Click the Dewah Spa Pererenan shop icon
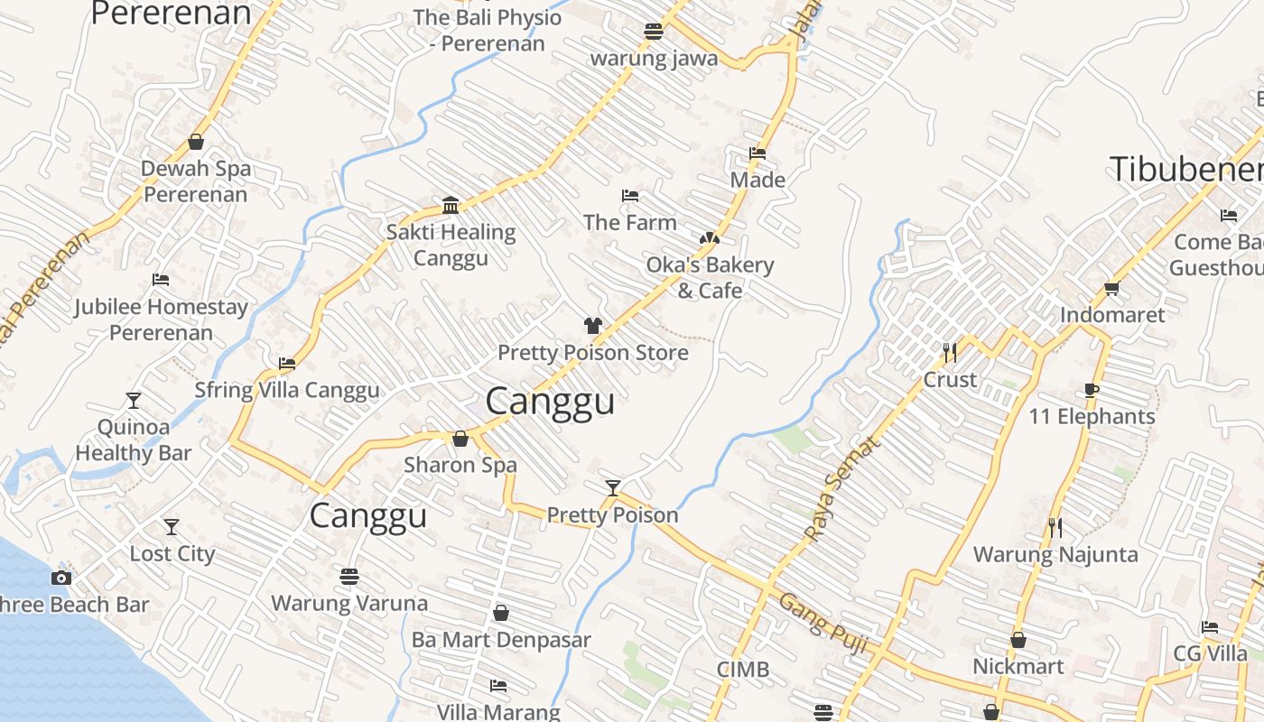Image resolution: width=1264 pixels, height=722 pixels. click(x=196, y=143)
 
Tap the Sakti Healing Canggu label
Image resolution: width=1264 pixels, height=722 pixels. click(x=451, y=245)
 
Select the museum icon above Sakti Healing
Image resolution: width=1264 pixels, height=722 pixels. click(x=451, y=206)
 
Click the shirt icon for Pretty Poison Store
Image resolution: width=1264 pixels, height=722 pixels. click(x=592, y=326)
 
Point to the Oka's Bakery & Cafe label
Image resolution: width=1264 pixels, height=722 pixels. click(x=710, y=277)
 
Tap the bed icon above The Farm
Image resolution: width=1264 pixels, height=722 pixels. click(x=630, y=196)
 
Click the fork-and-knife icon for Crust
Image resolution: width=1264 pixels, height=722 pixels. click(x=949, y=352)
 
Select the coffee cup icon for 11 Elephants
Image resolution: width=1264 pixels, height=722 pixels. click(x=1092, y=390)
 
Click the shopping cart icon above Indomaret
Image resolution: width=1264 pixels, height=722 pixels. click(x=1111, y=289)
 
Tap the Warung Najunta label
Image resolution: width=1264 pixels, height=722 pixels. click(x=1055, y=554)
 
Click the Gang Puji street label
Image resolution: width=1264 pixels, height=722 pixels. click(x=823, y=622)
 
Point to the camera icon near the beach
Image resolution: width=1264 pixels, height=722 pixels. click(x=61, y=578)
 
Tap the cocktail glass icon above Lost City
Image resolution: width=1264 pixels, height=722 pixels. click(x=172, y=526)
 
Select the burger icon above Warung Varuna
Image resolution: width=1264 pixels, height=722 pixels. click(x=349, y=576)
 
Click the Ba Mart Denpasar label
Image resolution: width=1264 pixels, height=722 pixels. click(x=501, y=640)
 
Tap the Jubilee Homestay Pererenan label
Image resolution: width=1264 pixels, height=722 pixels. click(x=161, y=319)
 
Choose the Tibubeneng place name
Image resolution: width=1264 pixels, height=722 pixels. click(x=1185, y=170)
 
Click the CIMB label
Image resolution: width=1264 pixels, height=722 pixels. click(x=743, y=670)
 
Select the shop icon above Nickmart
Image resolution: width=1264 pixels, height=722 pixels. click(x=1018, y=641)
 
